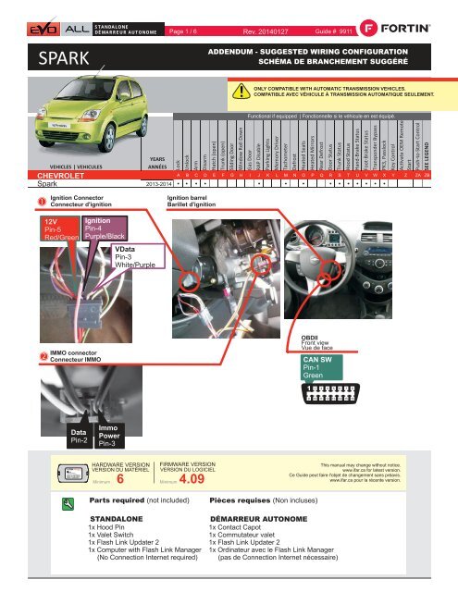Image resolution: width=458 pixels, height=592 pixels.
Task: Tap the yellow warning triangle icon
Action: [242, 92]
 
